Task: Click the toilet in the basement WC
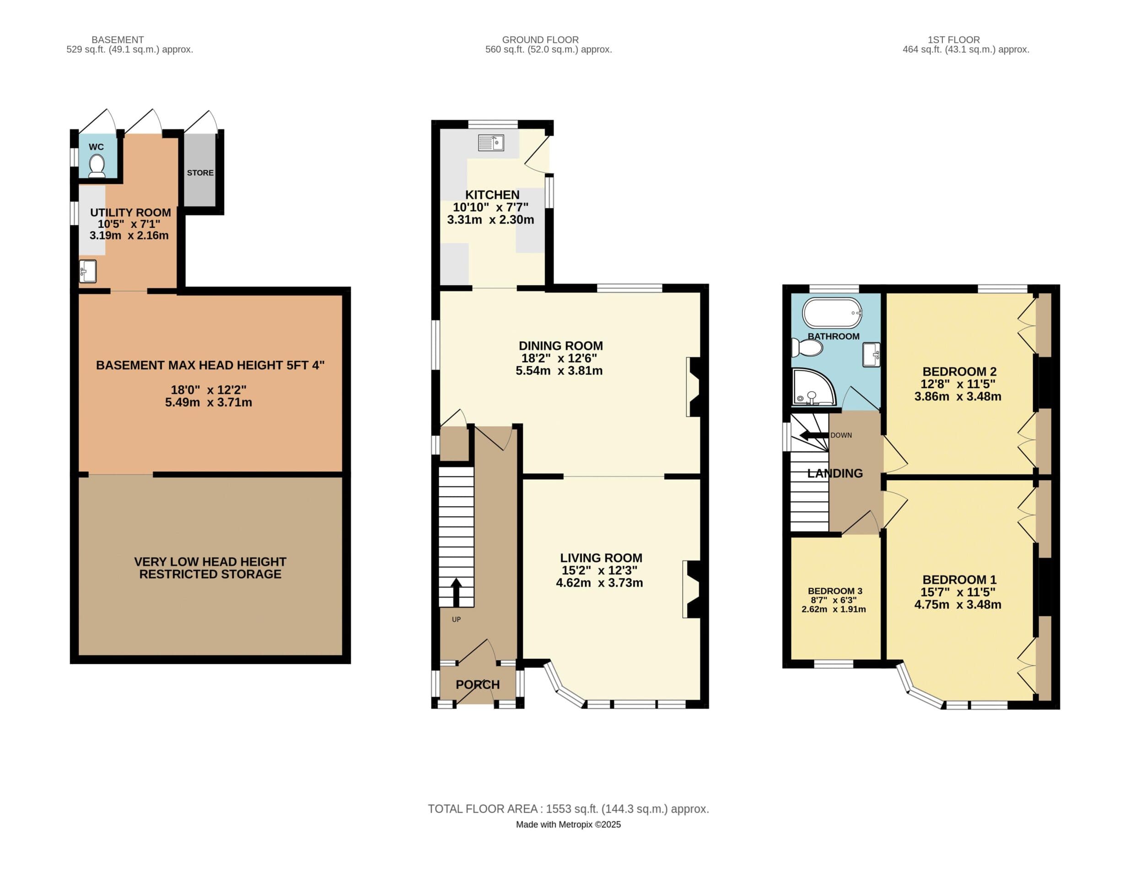tap(97, 167)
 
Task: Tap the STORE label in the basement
tap(200, 173)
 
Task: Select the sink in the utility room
tap(88, 271)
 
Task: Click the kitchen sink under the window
tap(490, 143)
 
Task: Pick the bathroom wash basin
tap(872, 355)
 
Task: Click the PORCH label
tap(478, 685)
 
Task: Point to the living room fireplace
tap(690, 589)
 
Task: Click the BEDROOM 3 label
tap(834, 591)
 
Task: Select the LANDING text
tap(834, 473)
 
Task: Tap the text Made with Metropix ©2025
tap(568, 825)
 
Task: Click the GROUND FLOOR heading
tap(540, 40)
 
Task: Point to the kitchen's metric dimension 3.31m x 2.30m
tap(490, 219)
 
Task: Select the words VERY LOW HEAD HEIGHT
tap(210, 562)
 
